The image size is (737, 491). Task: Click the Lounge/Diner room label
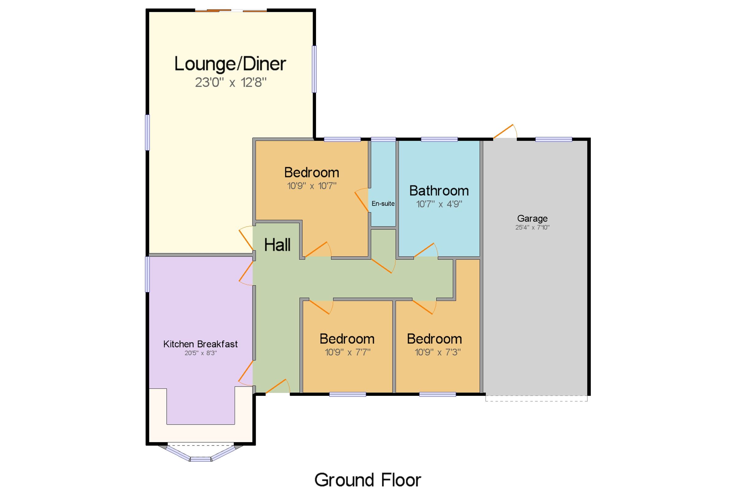point(230,64)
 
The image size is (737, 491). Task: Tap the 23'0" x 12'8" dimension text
point(231,83)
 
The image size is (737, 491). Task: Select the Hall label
point(277,245)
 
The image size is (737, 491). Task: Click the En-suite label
point(383,204)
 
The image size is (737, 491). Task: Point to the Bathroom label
point(439,191)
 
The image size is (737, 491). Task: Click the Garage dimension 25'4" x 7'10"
point(532,227)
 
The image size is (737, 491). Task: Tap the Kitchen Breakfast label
point(201,344)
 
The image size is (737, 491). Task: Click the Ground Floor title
point(368,480)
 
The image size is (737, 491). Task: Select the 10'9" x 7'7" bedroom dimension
point(348,352)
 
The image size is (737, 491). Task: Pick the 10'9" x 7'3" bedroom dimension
point(438,352)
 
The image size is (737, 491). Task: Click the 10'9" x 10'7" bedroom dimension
point(312,186)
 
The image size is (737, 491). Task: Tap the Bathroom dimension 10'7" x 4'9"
point(439,204)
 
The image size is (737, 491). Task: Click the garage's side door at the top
point(505,131)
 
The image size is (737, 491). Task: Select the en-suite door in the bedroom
point(362,200)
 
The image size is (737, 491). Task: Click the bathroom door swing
point(426,250)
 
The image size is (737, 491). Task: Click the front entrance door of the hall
point(278,386)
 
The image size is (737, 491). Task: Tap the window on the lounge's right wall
point(314,69)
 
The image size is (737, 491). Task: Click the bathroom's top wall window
point(439,139)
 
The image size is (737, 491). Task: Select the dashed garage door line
point(536,399)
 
